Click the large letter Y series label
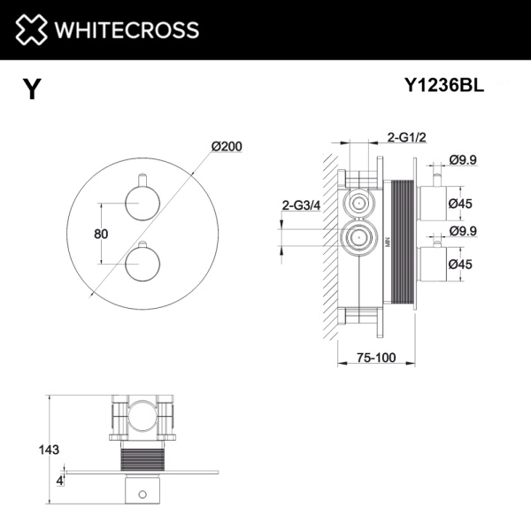32,89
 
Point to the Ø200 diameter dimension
227,147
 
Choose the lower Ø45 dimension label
460,264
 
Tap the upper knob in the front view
139,204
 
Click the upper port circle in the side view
358,204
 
